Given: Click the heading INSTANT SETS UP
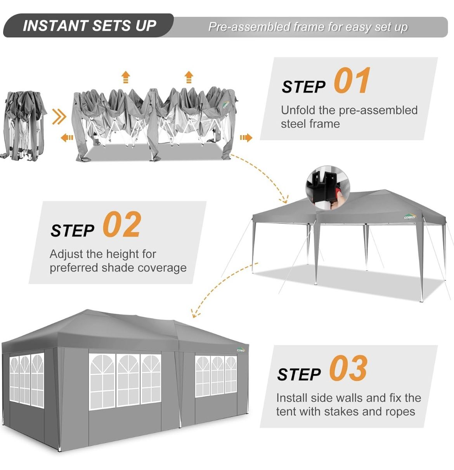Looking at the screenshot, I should tap(89, 26).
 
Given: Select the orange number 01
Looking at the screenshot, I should tap(352, 81).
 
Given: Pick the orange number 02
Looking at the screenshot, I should tap(121, 225).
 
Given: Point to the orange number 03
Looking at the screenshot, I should tap(348, 369).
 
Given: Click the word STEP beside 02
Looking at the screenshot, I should tap(72, 230).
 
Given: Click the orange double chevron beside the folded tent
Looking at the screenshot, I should tap(59, 117).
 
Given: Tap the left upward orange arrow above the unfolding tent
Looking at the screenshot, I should tap(125, 77).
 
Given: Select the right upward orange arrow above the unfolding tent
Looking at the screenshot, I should tap(189, 77).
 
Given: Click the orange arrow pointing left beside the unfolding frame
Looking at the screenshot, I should tap(67, 138).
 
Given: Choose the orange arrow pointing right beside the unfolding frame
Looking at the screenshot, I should tap(246, 138).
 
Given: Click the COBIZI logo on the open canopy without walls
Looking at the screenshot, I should tap(409, 216).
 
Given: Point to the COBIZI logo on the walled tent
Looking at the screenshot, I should tap(241, 349).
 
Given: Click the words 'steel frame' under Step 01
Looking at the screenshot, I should tap(310, 124).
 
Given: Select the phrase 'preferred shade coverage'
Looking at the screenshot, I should tap(118, 268).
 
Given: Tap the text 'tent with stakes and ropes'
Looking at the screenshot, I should tap(345, 411).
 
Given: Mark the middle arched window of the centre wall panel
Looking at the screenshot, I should tap(128, 379).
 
